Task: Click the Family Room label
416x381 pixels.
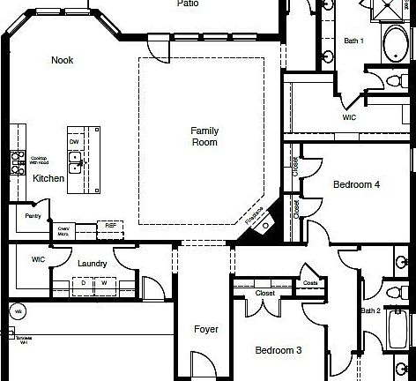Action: click(204, 137)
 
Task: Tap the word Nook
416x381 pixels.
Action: click(62, 60)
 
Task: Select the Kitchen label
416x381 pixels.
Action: click(48, 178)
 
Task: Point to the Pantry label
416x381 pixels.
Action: click(33, 215)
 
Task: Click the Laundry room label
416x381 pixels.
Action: click(93, 263)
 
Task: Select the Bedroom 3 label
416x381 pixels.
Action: click(279, 350)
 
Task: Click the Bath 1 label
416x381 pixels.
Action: click(353, 41)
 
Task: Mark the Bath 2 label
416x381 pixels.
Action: click(370, 310)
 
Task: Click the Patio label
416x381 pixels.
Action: click(187, 4)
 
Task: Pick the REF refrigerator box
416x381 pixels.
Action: click(111, 226)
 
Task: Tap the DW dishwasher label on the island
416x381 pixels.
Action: click(75, 141)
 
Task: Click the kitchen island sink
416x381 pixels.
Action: click(77, 160)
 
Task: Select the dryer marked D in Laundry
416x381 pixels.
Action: click(84, 283)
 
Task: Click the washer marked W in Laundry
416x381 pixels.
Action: click(104, 283)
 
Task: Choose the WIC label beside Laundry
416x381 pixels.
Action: click(38, 259)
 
